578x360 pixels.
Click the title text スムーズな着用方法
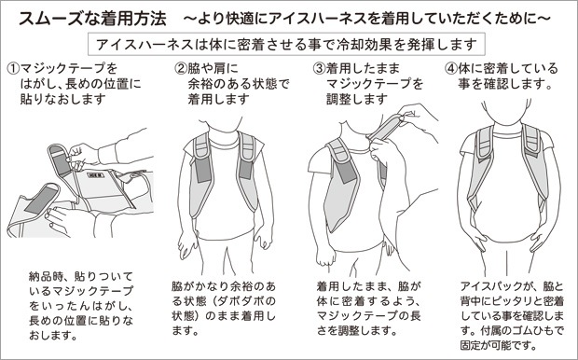[x=92, y=19]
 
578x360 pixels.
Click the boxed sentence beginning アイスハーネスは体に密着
[x=286, y=45]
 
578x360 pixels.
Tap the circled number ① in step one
[x=13, y=68]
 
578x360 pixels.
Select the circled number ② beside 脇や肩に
[x=181, y=68]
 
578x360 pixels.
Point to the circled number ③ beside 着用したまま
[x=319, y=68]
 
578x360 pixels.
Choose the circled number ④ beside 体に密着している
[x=451, y=68]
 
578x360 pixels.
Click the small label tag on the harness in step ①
[x=96, y=174]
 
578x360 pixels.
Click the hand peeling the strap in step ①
[x=82, y=155]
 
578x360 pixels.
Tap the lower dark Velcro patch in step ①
[x=41, y=200]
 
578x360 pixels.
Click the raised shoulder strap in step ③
[x=384, y=127]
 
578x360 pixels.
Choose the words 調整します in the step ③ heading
[x=356, y=99]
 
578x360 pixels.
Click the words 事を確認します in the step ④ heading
[x=505, y=84]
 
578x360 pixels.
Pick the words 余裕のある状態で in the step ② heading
[x=239, y=84]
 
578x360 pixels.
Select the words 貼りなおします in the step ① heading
[x=63, y=99]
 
